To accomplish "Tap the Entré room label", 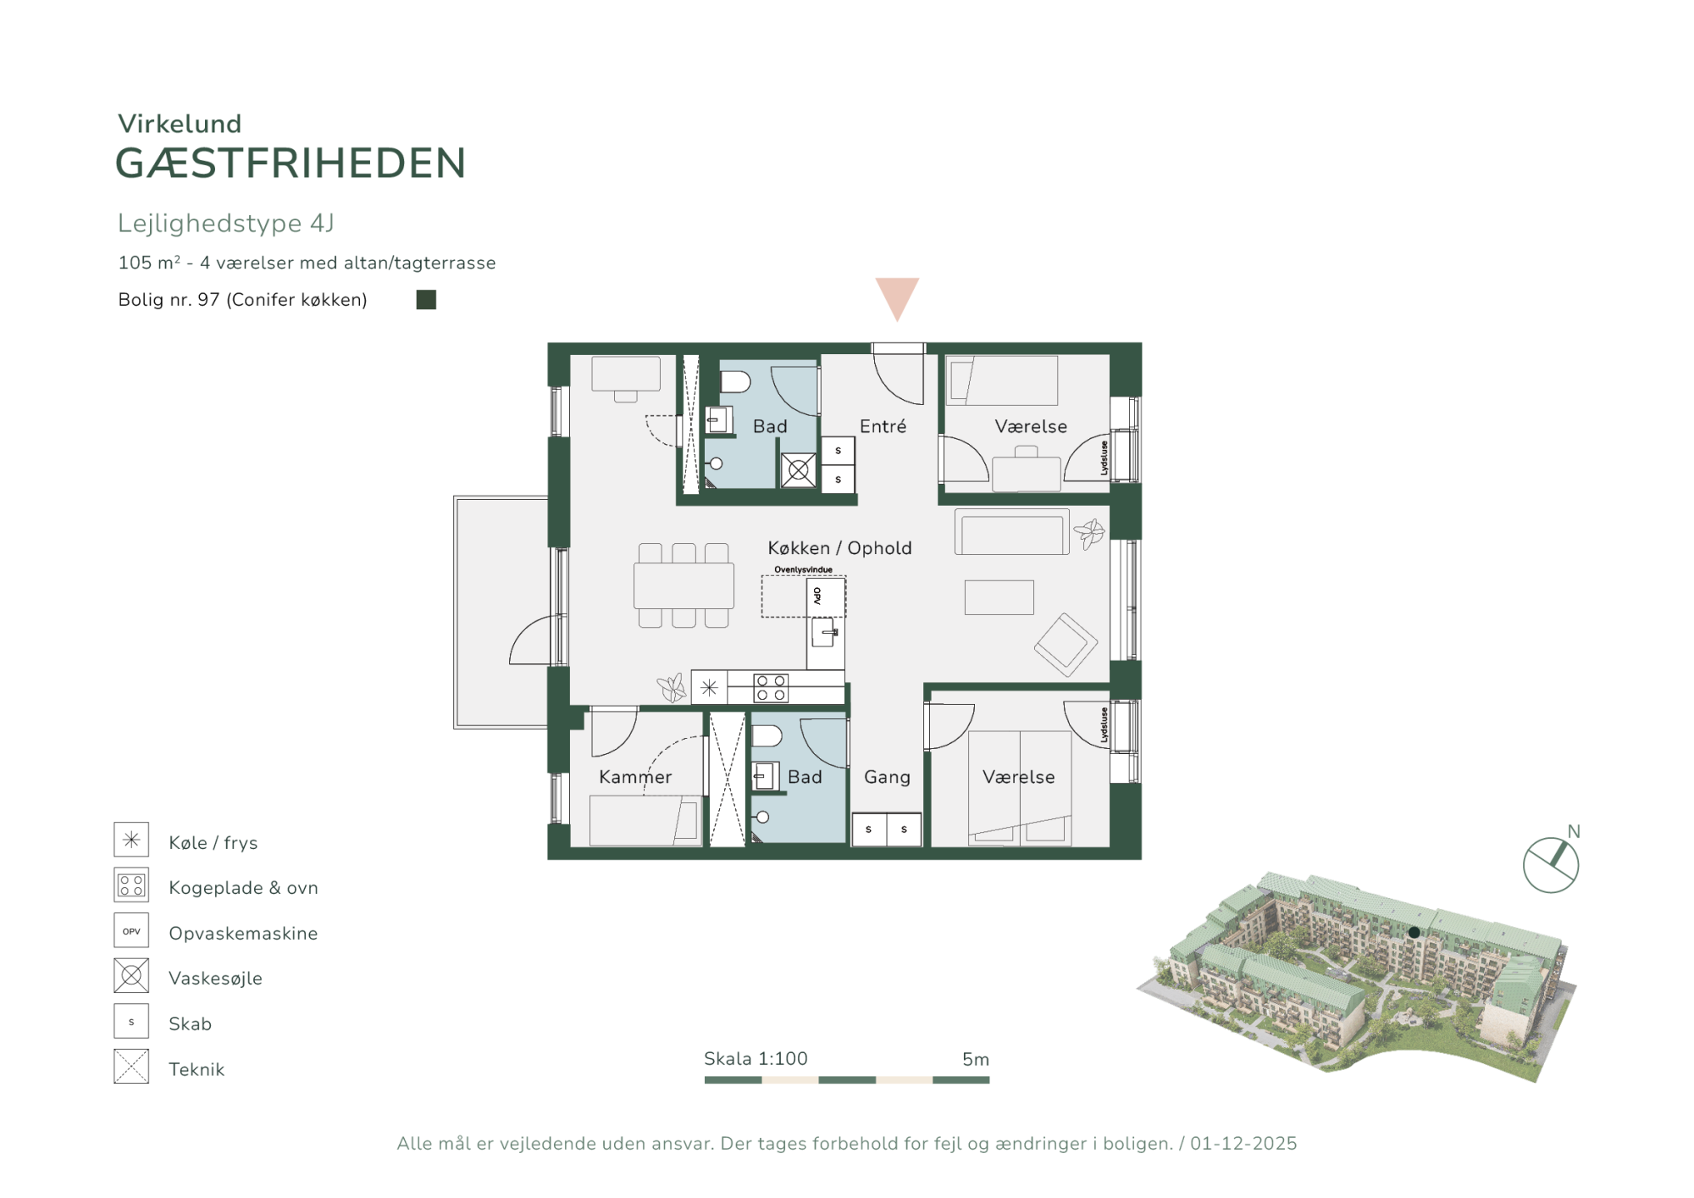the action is point(883,426).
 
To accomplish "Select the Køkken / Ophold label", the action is point(839,548).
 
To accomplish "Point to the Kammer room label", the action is point(635,777).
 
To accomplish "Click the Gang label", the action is point(887,777).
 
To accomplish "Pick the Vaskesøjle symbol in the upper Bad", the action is point(799,470).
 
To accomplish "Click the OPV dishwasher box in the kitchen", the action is point(825,596).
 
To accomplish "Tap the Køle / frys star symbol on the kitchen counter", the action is point(709,688).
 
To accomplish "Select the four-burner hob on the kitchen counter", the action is point(771,688).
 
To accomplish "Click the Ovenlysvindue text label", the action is point(803,569).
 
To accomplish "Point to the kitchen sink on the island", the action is point(825,632).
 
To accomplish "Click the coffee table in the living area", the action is point(999,597).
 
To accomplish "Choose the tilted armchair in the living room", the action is point(1066,644).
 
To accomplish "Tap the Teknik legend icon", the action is point(131,1067).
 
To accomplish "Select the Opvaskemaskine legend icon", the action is point(131,930).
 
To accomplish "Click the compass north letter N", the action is point(1574,832).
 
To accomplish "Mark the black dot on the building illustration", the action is point(1414,933).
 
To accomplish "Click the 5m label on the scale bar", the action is point(976,1059).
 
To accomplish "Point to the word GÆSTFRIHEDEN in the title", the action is point(291,164).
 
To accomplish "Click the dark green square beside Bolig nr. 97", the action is point(426,300).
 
